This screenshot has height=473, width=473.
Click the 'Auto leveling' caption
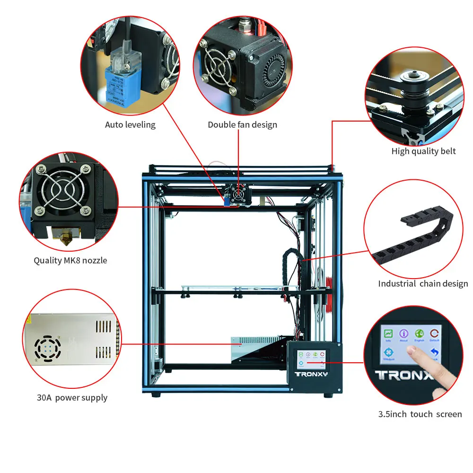[x=130, y=125]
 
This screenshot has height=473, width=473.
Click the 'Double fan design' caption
[x=242, y=125]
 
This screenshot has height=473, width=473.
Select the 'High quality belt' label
[x=423, y=151]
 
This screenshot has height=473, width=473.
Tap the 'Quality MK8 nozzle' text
[x=70, y=261]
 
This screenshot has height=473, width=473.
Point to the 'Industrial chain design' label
[x=423, y=284]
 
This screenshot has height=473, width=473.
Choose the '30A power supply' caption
[x=72, y=398]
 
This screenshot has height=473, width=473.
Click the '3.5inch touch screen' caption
[x=420, y=414]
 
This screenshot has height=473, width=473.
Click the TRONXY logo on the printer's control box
[x=311, y=374]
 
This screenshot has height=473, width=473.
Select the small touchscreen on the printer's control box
[x=311, y=359]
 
